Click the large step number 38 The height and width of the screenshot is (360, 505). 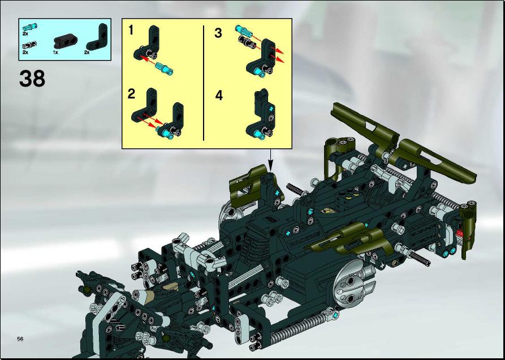click(32, 79)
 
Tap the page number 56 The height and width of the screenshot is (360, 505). click(20, 338)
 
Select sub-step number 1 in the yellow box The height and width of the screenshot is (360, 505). click(131, 31)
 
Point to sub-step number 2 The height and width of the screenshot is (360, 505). click(131, 94)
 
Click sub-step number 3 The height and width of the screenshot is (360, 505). click(218, 33)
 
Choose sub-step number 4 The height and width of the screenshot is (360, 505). click(219, 96)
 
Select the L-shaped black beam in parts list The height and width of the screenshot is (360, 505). click(97, 38)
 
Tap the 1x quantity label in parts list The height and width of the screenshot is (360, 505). click(56, 52)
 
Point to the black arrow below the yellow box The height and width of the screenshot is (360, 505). click(270, 160)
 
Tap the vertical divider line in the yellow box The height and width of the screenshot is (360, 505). click(204, 83)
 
